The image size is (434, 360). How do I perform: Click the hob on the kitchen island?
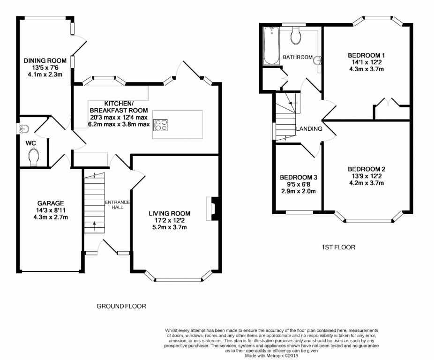(160, 125)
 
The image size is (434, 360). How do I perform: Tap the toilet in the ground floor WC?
(33, 157)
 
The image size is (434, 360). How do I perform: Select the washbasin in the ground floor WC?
(24, 129)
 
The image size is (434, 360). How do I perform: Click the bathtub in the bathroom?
(272, 46)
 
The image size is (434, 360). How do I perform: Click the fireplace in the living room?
(213, 209)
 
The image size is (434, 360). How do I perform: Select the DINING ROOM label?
(45, 60)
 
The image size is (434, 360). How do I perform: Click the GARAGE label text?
(51, 203)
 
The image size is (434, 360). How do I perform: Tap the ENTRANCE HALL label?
(117, 205)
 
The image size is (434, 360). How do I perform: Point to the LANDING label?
(309, 129)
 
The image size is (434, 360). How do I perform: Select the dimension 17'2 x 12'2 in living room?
(169, 220)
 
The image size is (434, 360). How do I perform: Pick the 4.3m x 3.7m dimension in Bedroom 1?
(367, 69)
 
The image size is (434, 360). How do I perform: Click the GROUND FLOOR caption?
(121, 306)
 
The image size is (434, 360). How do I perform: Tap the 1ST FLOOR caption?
(338, 247)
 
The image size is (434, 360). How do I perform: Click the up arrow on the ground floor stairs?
(94, 225)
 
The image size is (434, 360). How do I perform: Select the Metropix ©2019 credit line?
(271, 356)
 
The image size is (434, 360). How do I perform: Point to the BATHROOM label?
(298, 57)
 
